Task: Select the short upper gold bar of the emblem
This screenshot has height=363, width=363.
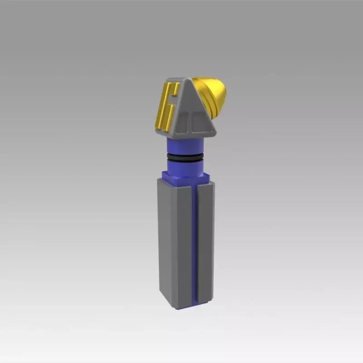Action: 176,88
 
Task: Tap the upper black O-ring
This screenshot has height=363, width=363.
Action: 186,155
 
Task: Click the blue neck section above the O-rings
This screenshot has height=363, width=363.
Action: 186,145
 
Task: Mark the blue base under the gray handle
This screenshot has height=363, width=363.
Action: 186,305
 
